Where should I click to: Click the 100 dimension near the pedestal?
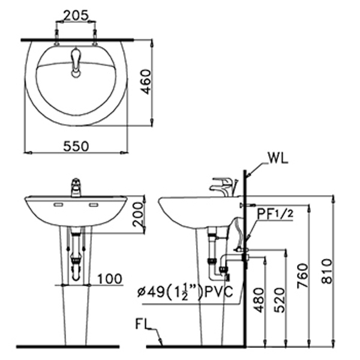(109, 279)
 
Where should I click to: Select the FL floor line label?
(143, 328)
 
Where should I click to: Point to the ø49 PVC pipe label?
(189, 294)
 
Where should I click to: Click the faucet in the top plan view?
(76, 63)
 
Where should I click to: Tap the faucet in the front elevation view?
(76, 187)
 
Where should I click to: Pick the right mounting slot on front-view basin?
(94, 205)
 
